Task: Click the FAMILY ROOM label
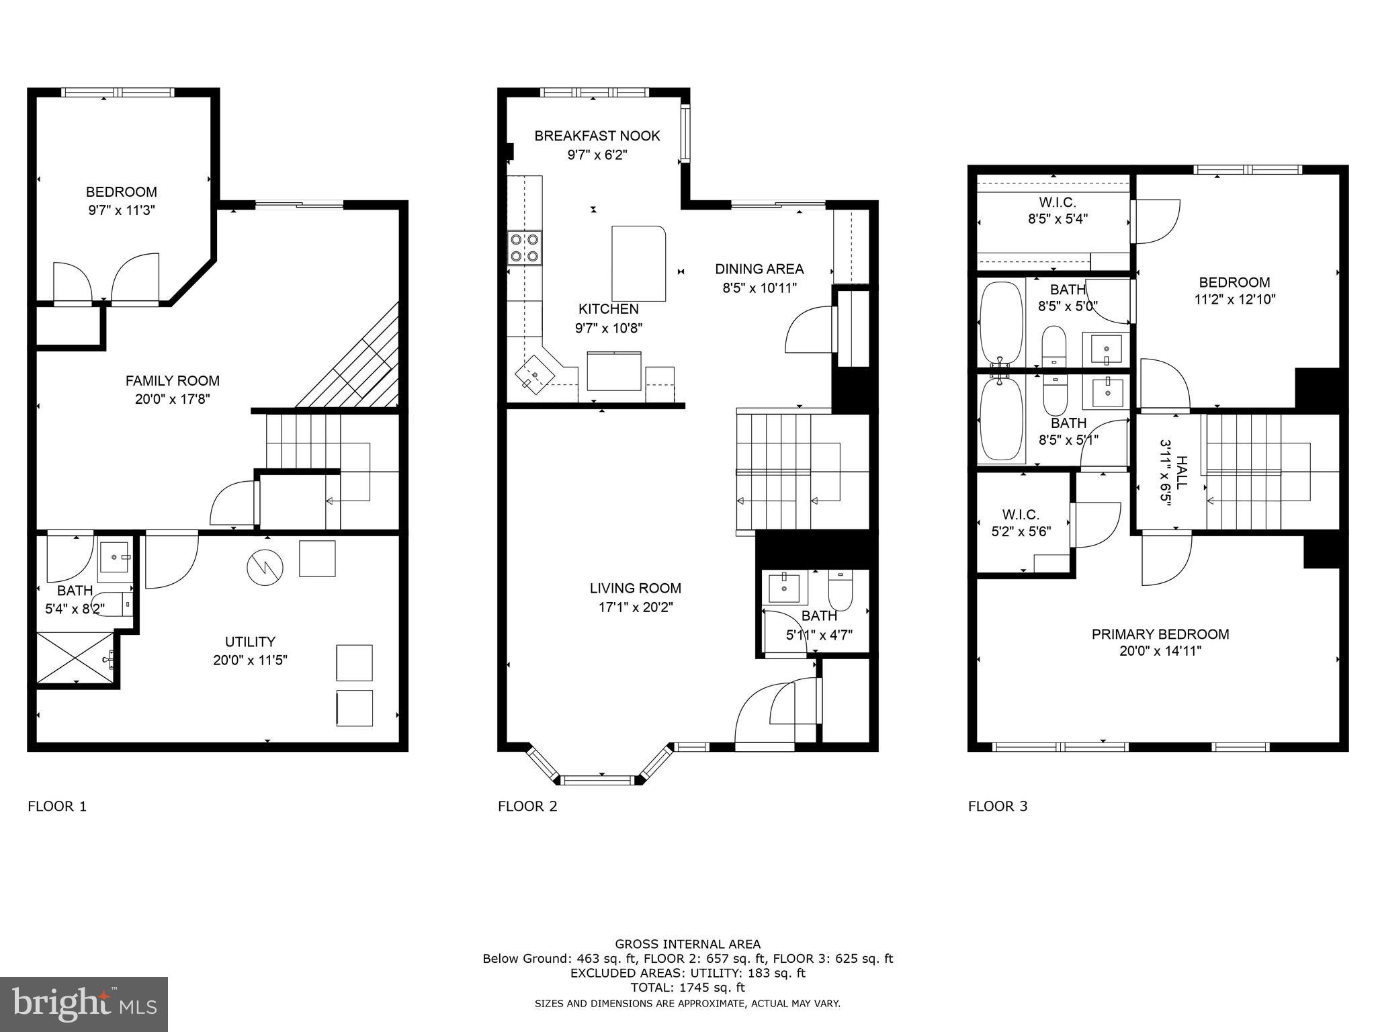[173, 381]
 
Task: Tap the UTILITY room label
[250, 642]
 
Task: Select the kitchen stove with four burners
[525, 247]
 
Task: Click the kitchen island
[638, 263]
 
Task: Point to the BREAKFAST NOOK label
[597, 136]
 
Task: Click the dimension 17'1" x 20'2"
[636, 607]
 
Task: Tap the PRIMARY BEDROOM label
[1160, 634]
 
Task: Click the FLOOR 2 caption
[527, 806]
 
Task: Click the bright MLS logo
[83, 1004]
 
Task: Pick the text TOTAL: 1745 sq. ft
[687, 988]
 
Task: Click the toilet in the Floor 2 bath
[840, 589]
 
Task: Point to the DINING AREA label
[759, 269]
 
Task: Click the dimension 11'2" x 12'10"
[1234, 300]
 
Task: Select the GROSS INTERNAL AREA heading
[687, 944]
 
